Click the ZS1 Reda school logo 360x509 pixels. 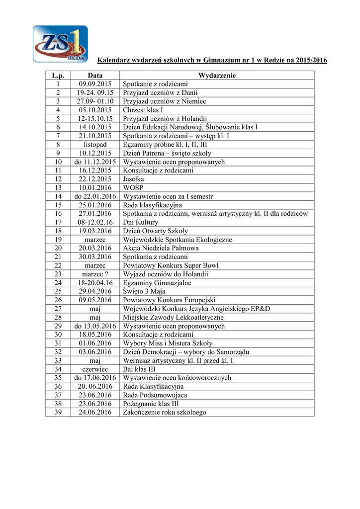(x=60, y=44)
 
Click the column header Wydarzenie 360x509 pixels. (x=217, y=76)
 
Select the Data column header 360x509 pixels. (x=95, y=76)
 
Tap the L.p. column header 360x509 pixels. (x=58, y=76)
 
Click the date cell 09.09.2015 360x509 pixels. (x=95, y=84)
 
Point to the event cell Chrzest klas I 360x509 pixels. (x=143, y=110)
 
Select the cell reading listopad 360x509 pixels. (x=95, y=145)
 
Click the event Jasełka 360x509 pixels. (x=134, y=179)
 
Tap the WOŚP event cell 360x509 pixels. (x=133, y=188)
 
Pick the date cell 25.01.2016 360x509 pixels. (x=95, y=205)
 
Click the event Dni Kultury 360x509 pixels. (x=141, y=222)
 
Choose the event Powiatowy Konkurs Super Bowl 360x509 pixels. (x=171, y=265)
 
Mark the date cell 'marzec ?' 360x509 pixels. (x=95, y=274)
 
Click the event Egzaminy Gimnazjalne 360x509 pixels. (x=154, y=283)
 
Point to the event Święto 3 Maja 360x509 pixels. (x=144, y=291)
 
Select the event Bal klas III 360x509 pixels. (x=140, y=369)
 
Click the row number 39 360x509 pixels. (x=58, y=413)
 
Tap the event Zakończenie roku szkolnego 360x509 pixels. (x=164, y=413)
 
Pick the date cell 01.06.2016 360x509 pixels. (x=95, y=343)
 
